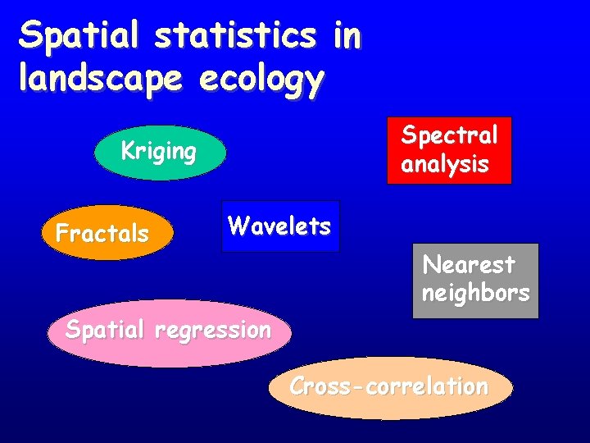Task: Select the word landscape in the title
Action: [99, 80]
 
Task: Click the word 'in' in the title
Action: [346, 36]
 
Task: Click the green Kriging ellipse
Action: [160, 153]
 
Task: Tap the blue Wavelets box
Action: [280, 226]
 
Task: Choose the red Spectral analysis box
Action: [449, 150]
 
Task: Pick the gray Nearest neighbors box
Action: [475, 280]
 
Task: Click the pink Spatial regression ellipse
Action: [168, 332]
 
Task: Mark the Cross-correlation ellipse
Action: [390, 388]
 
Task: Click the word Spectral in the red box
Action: [449, 135]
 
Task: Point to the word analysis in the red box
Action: [444, 164]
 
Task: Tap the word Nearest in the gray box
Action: [469, 265]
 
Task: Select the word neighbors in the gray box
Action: [475, 293]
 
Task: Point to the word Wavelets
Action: [279, 226]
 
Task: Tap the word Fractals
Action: [102, 234]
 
